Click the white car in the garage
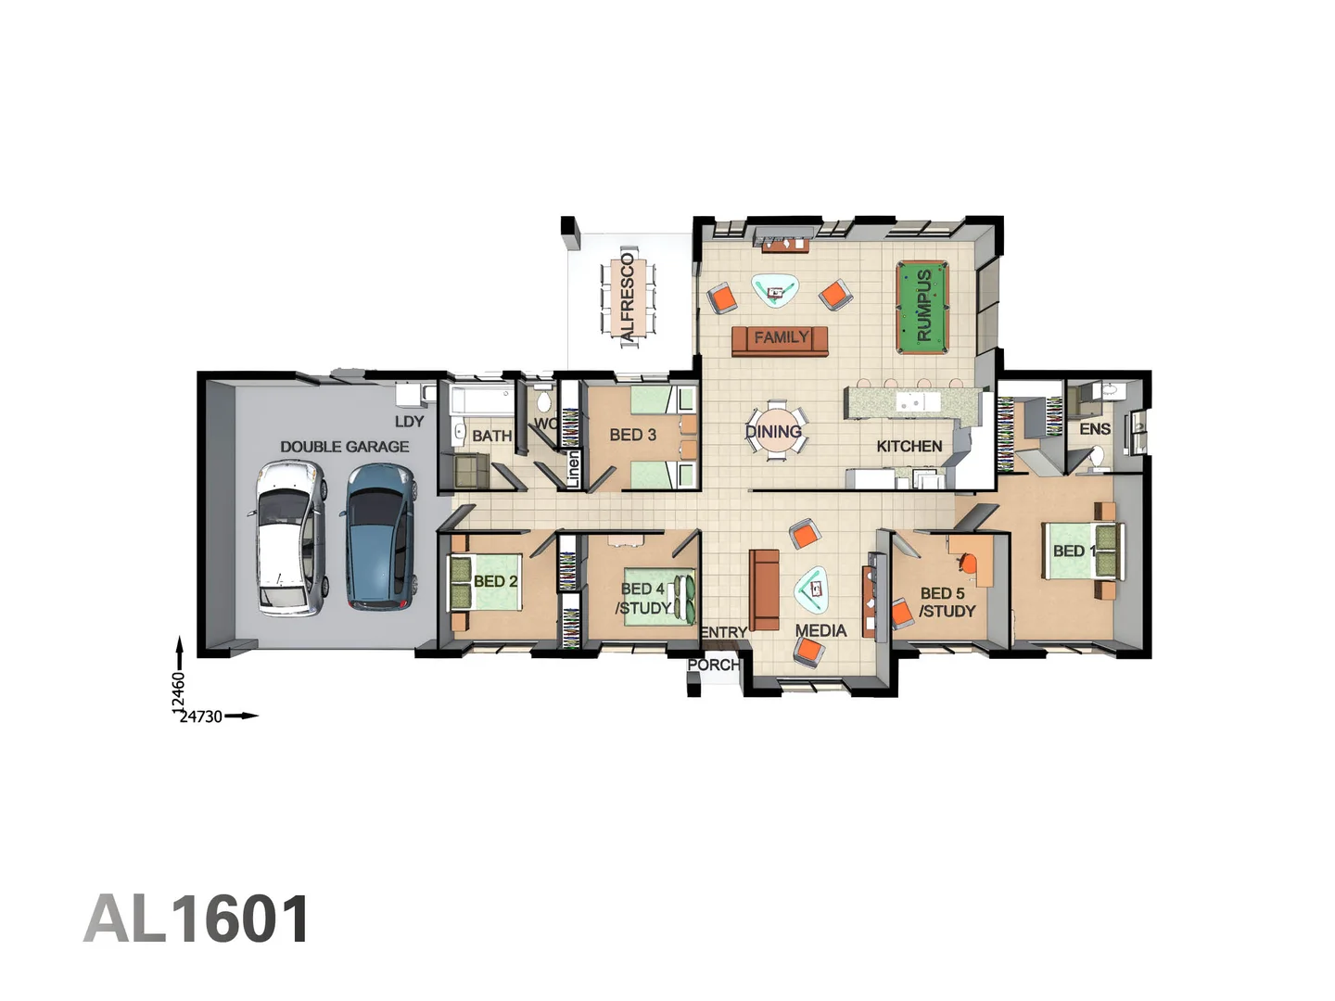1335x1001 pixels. (290, 539)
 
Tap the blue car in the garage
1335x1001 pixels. (379, 536)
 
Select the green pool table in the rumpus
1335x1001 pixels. (922, 307)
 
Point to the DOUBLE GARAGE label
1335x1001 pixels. (344, 447)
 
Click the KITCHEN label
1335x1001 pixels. (909, 446)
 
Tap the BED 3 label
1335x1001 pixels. (632, 435)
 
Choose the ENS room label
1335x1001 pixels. (1094, 429)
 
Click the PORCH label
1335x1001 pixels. (713, 665)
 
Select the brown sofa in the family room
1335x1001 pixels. (780, 340)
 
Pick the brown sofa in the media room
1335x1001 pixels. (764, 589)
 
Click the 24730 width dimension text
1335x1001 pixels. (201, 716)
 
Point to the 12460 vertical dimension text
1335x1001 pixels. (178, 693)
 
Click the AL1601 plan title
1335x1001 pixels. (197, 919)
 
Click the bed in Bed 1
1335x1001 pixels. (1080, 551)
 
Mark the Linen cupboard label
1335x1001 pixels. (572, 469)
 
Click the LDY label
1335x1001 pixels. (409, 422)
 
